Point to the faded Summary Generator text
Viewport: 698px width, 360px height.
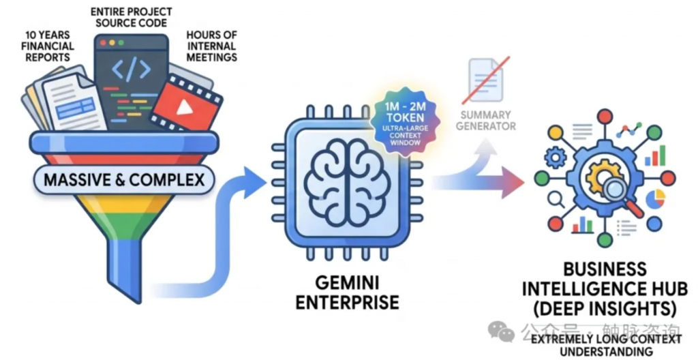486,121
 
